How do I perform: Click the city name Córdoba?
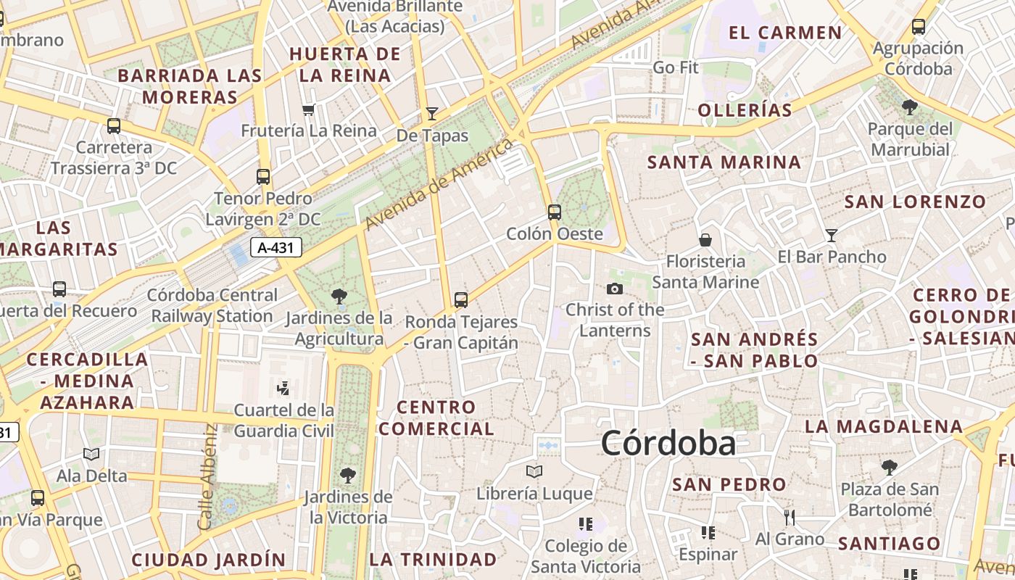coord(668,443)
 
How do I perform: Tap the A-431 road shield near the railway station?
coord(276,247)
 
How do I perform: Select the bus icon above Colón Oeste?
coord(555,212)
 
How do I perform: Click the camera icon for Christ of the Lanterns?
coord(615,289)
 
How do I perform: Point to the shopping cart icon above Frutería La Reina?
coord(309,110)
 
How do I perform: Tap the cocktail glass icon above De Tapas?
coord(432,113)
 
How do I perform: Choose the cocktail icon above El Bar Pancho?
coord(832,236)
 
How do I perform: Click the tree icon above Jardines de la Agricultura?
coord(339,296)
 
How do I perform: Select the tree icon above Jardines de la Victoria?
coord(348,476)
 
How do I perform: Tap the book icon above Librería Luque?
coord(534,472)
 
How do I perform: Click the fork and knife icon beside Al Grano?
coord(790,517)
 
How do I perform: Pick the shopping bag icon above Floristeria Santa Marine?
coord(705,239)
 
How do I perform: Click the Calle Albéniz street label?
coord(207,476)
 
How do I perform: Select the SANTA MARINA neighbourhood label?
coord(724,162)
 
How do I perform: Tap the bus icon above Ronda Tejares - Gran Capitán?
coord(461,299)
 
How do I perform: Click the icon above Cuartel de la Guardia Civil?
coord(283,389)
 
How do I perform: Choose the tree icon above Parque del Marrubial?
coord(910,108)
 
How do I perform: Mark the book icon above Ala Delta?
coord(91,455)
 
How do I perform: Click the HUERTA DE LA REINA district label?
coord(345,65)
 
